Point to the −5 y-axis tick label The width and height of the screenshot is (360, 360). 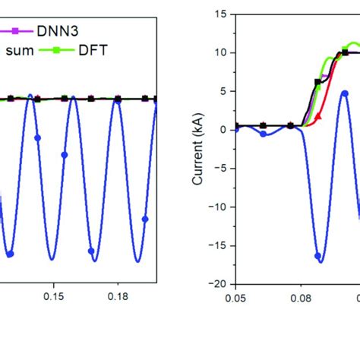[x=221, y=168]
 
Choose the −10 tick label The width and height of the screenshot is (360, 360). [x=219, y=207]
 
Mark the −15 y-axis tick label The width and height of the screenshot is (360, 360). [x=219, y=245]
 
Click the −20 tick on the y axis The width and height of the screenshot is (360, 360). [x=219, y=283]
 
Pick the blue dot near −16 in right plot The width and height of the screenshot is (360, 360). [x=318, y=256]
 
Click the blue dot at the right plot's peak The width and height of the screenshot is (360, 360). [x=344, y=93]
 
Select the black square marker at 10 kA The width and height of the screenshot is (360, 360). [x=345, y=52]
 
